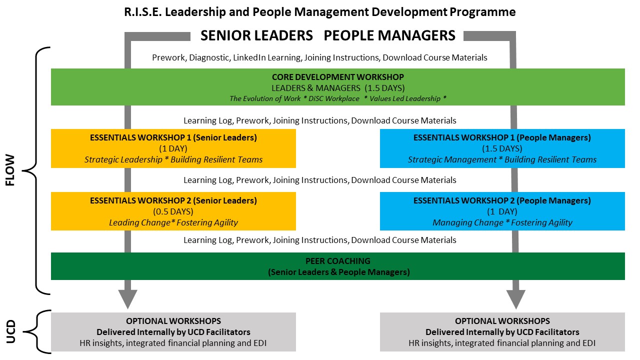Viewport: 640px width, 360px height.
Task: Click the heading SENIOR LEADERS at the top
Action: [x=256, y=35]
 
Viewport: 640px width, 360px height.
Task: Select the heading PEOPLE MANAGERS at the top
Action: [x=389, y=35]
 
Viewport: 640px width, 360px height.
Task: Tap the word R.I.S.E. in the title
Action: [x=143, y=12]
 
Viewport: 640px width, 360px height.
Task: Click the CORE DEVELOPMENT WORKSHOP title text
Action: [x=337, y=77]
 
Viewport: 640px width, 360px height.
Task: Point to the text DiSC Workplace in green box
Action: [x=333, y=98]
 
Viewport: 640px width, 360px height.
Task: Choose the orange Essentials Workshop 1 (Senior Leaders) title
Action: [x=173, y=137]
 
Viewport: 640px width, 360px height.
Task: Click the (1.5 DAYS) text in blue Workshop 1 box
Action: [x=502, y=148]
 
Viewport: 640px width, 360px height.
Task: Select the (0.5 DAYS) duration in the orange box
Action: [x=173, y=211]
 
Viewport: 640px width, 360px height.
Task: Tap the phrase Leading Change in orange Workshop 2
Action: [x=139, y=222]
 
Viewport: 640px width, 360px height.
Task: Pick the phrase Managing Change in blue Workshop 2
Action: [x=467, y=222]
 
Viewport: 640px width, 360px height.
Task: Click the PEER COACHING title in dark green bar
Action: [x=337, y=261]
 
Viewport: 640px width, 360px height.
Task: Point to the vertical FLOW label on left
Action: [x=10, y=170]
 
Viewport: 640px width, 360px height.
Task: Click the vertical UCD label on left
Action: [x=10, y=331]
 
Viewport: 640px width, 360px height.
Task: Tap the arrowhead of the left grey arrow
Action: [x=127, y=298]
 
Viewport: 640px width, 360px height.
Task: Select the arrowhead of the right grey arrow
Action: [x=515, y=298]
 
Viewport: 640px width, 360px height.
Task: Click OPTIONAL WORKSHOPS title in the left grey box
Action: [x=173, y=321]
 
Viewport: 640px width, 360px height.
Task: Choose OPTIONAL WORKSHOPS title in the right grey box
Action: [x=502, y=321]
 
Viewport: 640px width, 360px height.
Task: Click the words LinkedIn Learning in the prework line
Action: [x=267, y=57]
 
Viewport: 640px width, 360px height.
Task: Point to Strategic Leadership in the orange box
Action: [x=123, y=159]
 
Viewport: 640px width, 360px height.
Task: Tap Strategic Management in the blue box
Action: [x=452, y=159]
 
